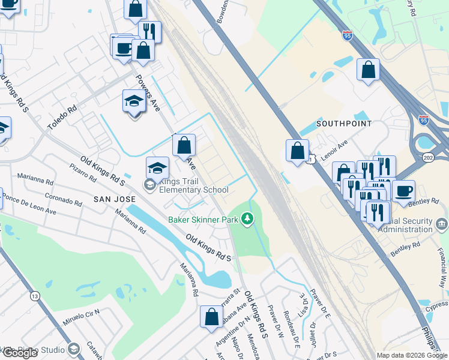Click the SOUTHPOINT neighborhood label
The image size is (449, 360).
point(344,123)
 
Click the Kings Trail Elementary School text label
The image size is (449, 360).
point(194,186)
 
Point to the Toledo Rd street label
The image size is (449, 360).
point(62,118)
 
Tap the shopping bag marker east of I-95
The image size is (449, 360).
point(368,69)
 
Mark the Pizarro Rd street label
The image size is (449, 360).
point(83,173)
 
